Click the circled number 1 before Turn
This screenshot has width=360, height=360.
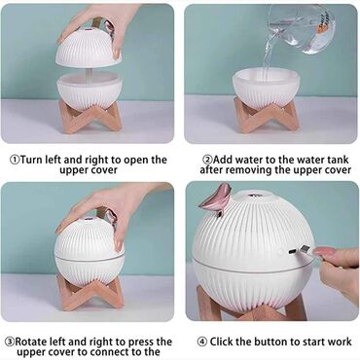click(x=15, y=160)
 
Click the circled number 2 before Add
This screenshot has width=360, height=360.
click(x=207, y=160)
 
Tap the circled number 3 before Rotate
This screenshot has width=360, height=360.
click(x=10, y=342)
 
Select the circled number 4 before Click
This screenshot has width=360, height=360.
click(x=202, y=342)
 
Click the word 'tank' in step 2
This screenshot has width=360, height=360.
click(x=337, y=160)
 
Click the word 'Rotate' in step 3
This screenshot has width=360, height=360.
click(x=31, y=342)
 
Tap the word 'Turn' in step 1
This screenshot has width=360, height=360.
click(x=32, y=160)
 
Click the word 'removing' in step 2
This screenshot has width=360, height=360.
click(x=249, y=170)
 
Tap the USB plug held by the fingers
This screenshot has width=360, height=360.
click(x=306, y=251)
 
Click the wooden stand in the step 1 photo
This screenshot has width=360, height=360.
click(x=90, y=117)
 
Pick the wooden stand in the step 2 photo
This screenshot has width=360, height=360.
click(x=266, y=115)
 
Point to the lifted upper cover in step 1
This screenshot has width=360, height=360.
click(x=89, y=47)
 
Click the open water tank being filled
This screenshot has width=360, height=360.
click(x=266, y=87)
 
